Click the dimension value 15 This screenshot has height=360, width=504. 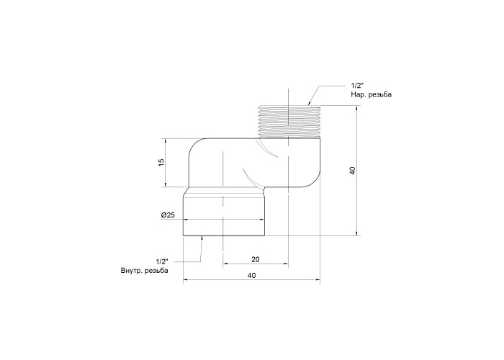pyautogui.click(x=161, y=162)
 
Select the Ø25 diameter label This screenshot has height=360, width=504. pyautogui.click(x=168, y=215)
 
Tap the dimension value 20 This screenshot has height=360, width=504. pyautogui.click(x=255, y=259)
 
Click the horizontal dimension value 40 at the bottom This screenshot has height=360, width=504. pyautogui.click(x=252, y=276)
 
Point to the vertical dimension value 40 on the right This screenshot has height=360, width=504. pyautogui.click(x=353, y=171)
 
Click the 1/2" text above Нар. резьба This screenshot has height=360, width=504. pyautogui.click(x=356, y=86)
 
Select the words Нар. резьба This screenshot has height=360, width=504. pyautogui.click(x=372, y=95)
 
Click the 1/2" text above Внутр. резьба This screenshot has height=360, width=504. pyautogui.click(x=162, y=261)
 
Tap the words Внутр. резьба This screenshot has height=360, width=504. pyautogui.click(x=144, y=271)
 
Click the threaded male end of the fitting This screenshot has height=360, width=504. pyautogui.click(x=290, y=122)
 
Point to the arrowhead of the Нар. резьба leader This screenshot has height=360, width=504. pyautogui.click(x=309, y=103)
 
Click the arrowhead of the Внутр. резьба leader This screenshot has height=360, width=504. pyautogui.click(x=202, y=238)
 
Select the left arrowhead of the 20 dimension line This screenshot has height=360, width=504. pyautogui.click(x=225, y=264)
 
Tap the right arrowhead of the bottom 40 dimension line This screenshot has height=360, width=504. pyautogui.click(x=318, y=281)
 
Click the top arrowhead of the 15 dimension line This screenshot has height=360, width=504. pyautogui.click(x=165, y=141)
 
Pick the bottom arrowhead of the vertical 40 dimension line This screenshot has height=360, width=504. pyautogui.click(x=357, y=233)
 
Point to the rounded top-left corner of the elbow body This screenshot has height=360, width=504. pyautogui.click(x=194, y=145)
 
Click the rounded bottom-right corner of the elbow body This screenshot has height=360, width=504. pyautogui.click(x=315, y=182)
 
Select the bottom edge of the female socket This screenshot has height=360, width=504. pyautogui.click(x=225, y=236)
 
